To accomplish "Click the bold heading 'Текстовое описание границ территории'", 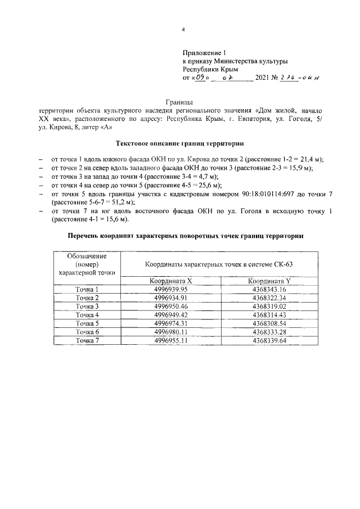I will pos(179,143).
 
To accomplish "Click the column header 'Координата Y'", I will pos(269,280).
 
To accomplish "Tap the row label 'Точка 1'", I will pos(87,289).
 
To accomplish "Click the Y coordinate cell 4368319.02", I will pos(269,306).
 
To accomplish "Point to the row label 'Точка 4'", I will pos(87,315).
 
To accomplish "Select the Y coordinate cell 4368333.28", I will pos(269,332).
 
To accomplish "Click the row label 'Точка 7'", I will pos(87,340).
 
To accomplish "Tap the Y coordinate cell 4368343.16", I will pos(269,289).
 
